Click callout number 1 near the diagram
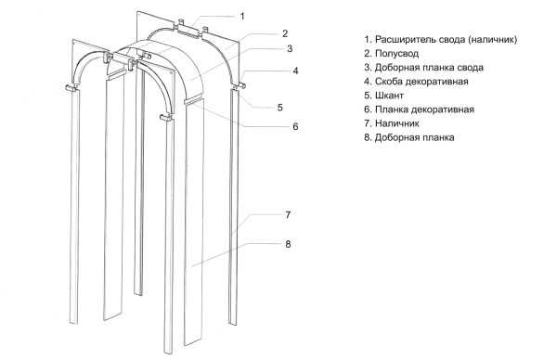[242, 17]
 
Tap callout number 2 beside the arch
[285, 33]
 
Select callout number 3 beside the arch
[290, 48]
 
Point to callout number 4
[295, 71]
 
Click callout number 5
[280, 108]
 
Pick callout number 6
[295, 127]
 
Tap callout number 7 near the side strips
[288, 215]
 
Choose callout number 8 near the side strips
[288, 244]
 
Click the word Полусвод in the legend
[396, 54]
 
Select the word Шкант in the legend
[389, 96]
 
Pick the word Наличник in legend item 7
[397, 123]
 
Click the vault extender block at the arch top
[188, 29]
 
